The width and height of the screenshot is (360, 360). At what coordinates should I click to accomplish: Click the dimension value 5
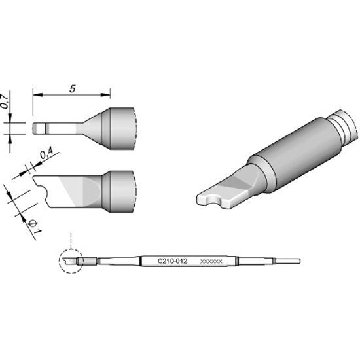pos(73,88)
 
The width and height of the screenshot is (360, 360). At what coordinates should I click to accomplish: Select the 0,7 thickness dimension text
pos(5,101)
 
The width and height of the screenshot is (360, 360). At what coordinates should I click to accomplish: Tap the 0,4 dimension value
pos(47,153)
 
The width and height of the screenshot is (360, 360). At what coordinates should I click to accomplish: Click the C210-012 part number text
pos(172,261)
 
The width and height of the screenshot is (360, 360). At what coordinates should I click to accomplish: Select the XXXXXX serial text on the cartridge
pos(211,261)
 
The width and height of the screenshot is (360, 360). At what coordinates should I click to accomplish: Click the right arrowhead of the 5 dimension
pos(106,95)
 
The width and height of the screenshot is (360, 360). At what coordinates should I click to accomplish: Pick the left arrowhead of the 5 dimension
pos(38,95)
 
